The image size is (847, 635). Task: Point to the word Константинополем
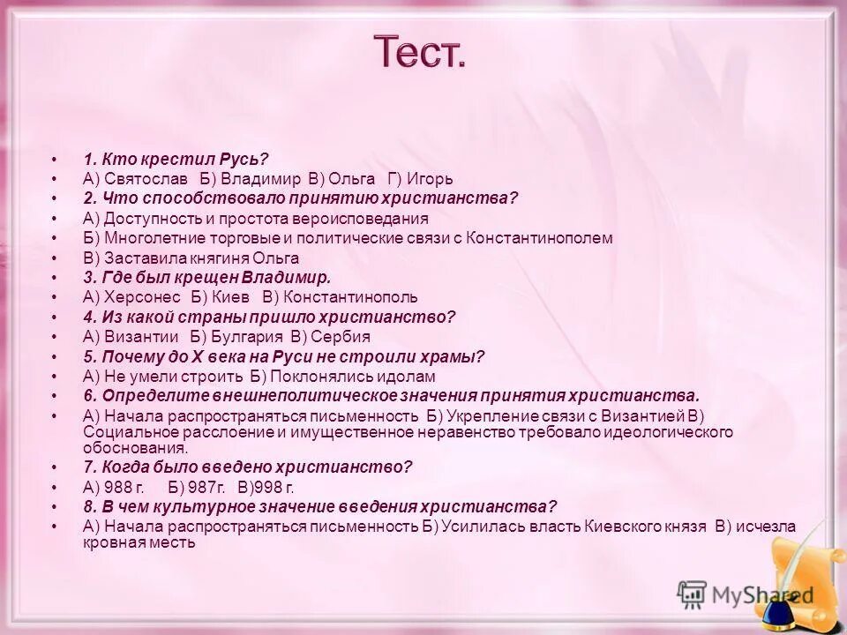pos(539,238)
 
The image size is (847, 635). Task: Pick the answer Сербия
pos(344,337)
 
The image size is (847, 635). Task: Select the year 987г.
pos(206,487)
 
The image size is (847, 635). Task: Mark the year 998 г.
pos(274,487)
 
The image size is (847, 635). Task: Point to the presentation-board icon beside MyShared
pos(692,594)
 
